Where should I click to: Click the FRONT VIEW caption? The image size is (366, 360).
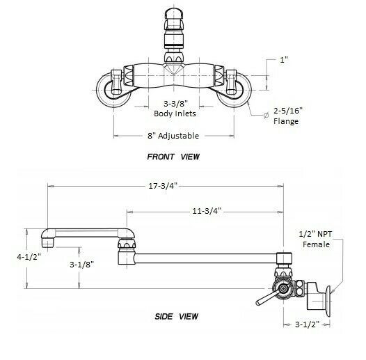(173, 157)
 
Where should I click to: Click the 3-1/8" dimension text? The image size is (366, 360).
(83, 265)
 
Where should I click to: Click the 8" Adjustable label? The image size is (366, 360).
(170, 135)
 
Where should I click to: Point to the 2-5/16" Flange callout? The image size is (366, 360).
(287, 116)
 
